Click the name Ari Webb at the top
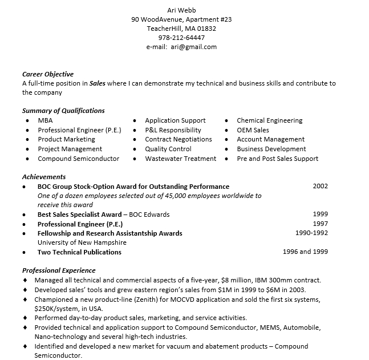click(x=181, y=10)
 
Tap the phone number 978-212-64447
click(x=181, y=38)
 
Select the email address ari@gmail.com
click(x=194, y=47)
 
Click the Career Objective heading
click(x=48, y=74)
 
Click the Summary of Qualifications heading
click(x=63, y=111)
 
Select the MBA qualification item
click(x=45, y=120)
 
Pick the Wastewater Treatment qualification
click(x=181, y=159)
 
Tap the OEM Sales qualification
click(x=253, y=130)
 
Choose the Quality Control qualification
click(x=168, y=149)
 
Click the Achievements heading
click(x=44, y=177)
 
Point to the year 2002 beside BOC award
click(x=321, y=186)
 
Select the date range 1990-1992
click(x=311, y=233)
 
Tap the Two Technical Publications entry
click(x=79, y=252)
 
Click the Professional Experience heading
click(x=59, y=270)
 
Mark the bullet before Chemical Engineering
click(x=227, y=121)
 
